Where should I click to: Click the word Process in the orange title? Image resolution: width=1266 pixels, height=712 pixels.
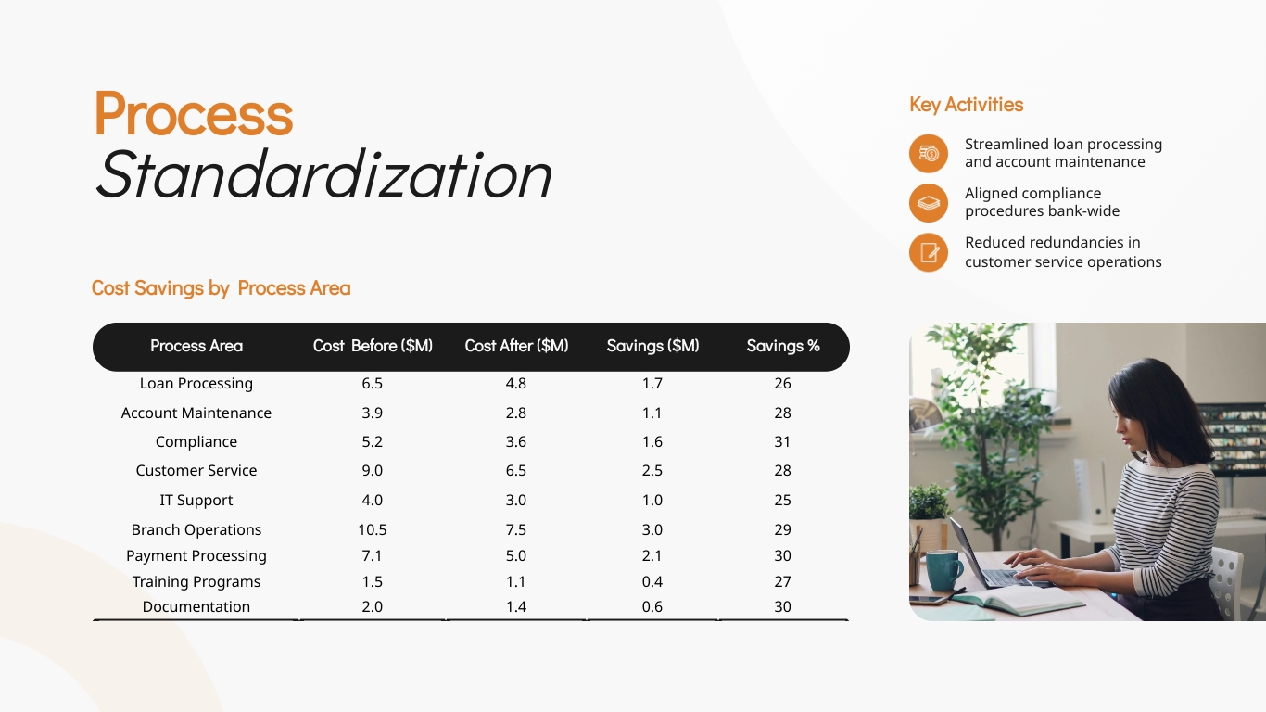tap(194, 114)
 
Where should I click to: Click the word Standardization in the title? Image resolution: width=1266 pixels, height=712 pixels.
tap(323, 174)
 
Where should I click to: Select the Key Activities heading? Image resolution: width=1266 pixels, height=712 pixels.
tap(966, 105)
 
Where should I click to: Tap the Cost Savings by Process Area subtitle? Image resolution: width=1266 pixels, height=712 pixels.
tap(221, 288)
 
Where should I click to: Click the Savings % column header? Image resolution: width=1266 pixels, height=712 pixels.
tap(783, 346)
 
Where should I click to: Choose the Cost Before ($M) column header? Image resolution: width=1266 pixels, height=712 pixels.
tap(373, 346)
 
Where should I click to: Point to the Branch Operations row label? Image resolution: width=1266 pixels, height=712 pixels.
tap(196, 529)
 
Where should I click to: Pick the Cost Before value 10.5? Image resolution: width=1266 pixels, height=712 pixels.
tap(372, 529)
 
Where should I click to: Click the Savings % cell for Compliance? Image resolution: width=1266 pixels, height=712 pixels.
tap(782, 441)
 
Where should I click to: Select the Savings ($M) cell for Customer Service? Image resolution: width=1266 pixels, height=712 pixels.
tap(652, 470)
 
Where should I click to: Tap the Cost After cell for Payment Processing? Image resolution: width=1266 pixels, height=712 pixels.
tap(516, 555)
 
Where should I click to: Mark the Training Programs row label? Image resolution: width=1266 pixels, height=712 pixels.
tap(196, 581)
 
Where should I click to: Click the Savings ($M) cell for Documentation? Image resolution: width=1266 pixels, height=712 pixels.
tap(652, 606)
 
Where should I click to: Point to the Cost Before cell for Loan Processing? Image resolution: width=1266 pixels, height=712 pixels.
tap(372, 383)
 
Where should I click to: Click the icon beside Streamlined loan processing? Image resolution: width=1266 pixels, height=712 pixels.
tap(929, 154)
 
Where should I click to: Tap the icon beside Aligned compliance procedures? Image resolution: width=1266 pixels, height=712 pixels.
tap(929, 203)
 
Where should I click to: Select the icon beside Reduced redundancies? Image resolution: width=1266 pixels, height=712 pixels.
tap(929, 252)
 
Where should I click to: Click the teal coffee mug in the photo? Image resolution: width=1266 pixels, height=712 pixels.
tap(943, 569)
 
